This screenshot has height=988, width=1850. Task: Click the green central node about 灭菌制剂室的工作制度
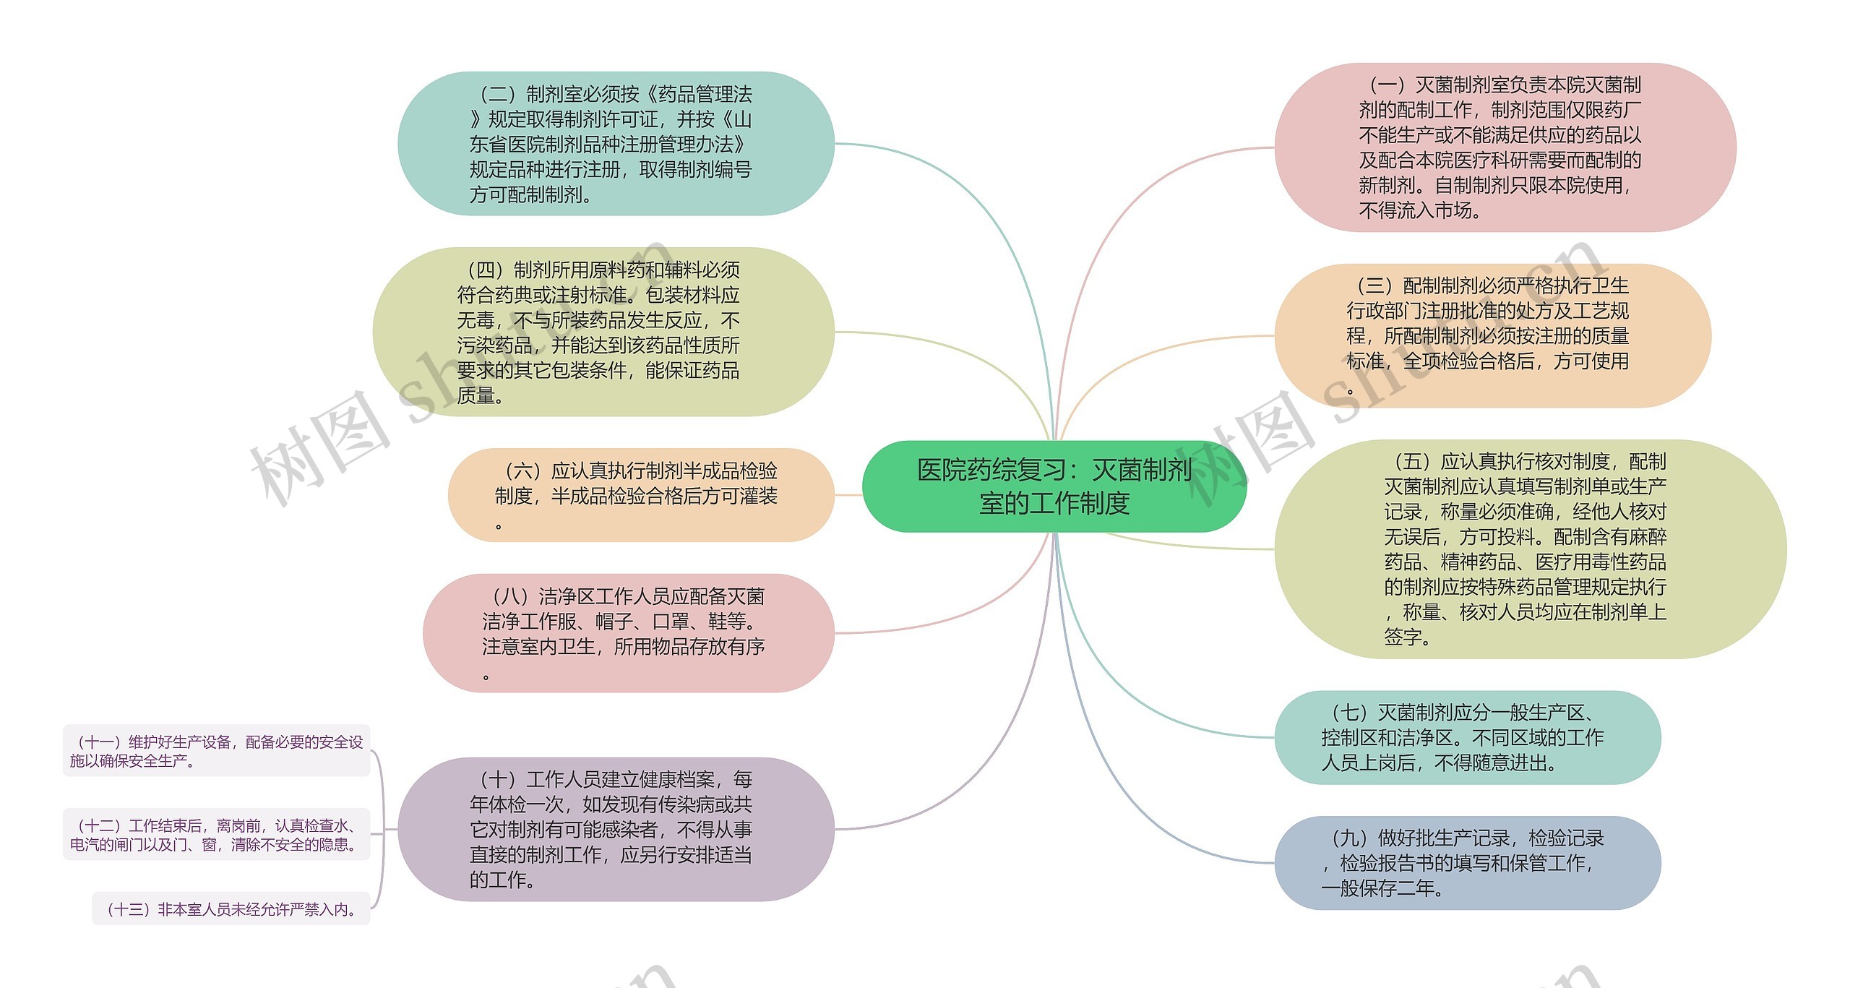tap(1054, 486)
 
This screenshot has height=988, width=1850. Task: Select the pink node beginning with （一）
tap(1505, 147)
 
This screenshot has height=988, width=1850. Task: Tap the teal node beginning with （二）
tap(616, 144)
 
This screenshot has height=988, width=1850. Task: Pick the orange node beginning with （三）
tap(1492, 335)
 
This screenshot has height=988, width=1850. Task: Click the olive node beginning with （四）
tap(603, 332)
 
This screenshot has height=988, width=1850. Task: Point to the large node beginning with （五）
tap(1529, 549)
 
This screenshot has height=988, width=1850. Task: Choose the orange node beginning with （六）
tap(640, 495)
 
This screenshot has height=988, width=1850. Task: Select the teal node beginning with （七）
tap(1467, 737)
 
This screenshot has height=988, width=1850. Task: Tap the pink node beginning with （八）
tap(627, 633)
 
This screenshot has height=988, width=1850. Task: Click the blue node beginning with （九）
tap(1467, 863)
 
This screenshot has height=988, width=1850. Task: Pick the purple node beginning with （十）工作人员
tap(616, 829)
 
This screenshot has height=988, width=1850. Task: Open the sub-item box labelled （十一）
tap(216, 751)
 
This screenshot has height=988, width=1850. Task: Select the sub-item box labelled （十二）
tap(216, 835)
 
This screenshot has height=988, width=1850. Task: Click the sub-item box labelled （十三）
tap(231, 909)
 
